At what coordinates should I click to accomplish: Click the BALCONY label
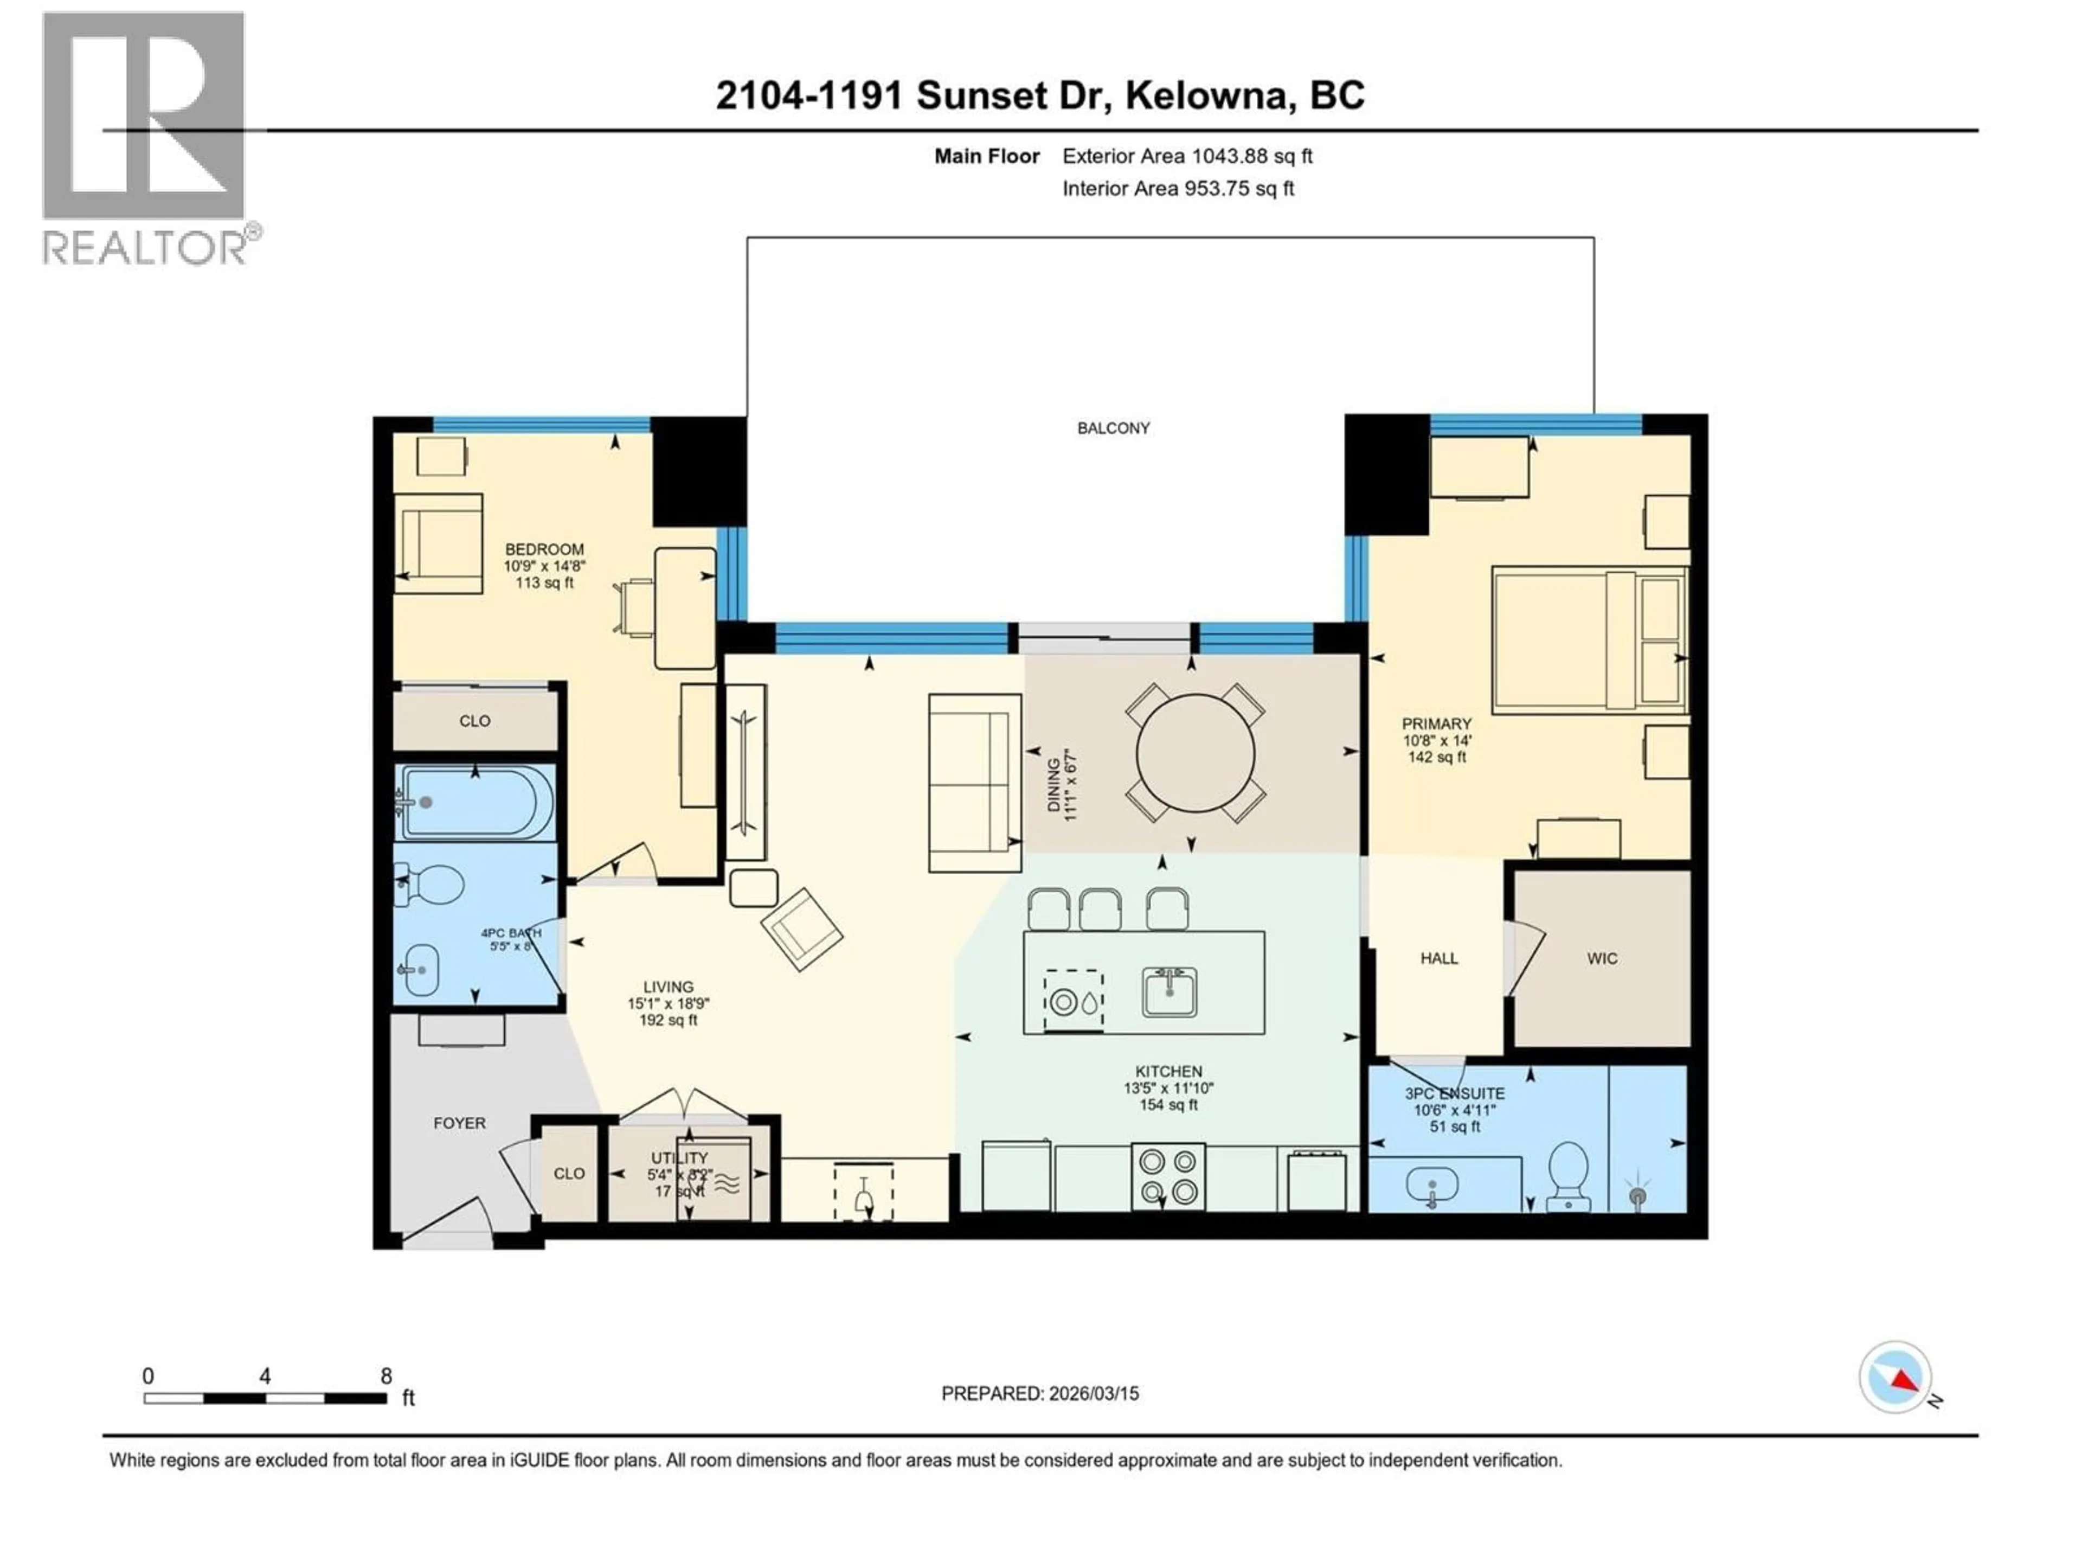click(1114, 428)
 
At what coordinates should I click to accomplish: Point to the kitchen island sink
click(1169, 993)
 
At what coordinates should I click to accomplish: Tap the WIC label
click(1602, 958)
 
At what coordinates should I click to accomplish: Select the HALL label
click(1439, 958)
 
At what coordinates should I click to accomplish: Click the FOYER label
click(459, 1123)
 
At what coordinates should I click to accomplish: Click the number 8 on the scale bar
click(386, 1375)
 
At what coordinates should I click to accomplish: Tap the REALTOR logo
click(144, 137)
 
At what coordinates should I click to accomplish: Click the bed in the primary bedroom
click(1589, 640)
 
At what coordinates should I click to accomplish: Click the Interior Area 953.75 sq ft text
click(1178, 188)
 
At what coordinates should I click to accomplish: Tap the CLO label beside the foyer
click(569, 1173)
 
